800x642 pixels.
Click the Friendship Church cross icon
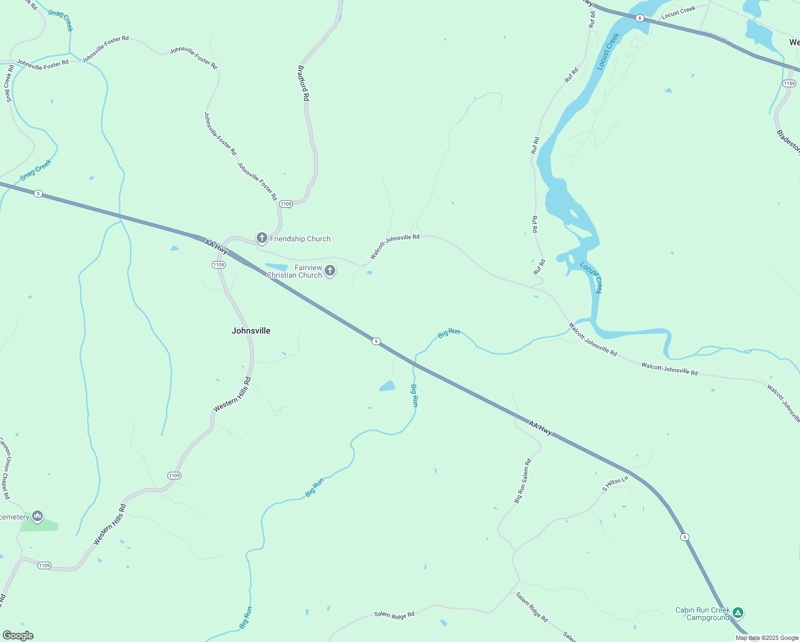click(x=261, y=238)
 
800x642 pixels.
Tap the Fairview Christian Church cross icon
click(x=330, y=271)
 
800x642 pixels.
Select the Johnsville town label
click(x=251, y=331)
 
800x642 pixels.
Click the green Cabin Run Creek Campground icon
click(x=738, y=613)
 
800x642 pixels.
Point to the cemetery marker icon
click(x=37, y=516)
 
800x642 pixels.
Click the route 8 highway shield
click(x=640, y=18)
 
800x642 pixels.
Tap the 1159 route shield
click(x=789, y=83)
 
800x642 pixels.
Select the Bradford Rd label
click(x=303, y=83)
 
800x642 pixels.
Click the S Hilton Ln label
click(x=615, y=484)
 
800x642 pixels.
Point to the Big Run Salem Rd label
click(x=522, y=480)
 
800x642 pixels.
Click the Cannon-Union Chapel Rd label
click(x=5, y=469)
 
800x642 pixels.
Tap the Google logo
click(x=18, y=636)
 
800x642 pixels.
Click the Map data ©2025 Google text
click(x=767, y=638)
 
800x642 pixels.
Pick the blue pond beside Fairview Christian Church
click(x=276, y=267)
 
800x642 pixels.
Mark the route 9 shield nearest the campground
click(x=684, y=537)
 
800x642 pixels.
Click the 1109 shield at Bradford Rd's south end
click(x=286, y=204)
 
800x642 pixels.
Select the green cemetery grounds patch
click(x=40, y=525)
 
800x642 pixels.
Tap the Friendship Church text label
click(x=300, y=239)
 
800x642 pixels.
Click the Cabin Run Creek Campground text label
click(x=702, y=614)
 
